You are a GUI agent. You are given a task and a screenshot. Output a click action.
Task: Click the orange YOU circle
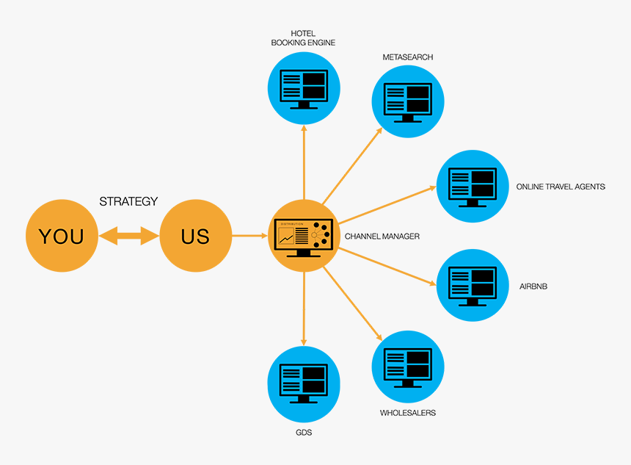[x=61, y=236]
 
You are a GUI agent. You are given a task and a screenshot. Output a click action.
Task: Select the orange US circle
[x=195, y=236]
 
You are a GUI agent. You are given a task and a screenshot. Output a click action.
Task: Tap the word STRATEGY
[x=128, y=201]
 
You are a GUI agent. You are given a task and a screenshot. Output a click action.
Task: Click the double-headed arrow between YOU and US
[x=128, y=236]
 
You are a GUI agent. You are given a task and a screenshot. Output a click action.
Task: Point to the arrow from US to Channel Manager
[x=250, y=236]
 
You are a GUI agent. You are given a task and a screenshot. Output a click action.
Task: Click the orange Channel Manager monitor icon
[x=304, y=236]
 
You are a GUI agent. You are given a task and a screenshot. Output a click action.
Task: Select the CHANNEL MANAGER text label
[x=382, y=237]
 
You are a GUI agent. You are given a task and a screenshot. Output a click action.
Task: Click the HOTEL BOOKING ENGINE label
[x=303, y=38]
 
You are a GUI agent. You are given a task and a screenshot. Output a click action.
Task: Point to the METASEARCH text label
[x=407, y=57]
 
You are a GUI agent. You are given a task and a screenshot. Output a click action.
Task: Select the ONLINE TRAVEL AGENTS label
[x=561, y=187]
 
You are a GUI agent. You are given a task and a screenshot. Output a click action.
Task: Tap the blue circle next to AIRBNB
[x=473, y=285]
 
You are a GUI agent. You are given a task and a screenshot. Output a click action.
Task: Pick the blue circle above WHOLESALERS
[x=408, y=365]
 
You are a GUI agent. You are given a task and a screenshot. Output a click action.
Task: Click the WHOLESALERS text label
[x=407, y=413]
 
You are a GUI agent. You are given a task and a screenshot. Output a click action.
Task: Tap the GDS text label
[x=303, y=433]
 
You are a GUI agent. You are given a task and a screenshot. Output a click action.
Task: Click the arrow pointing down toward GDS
[x=304, y=309]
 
